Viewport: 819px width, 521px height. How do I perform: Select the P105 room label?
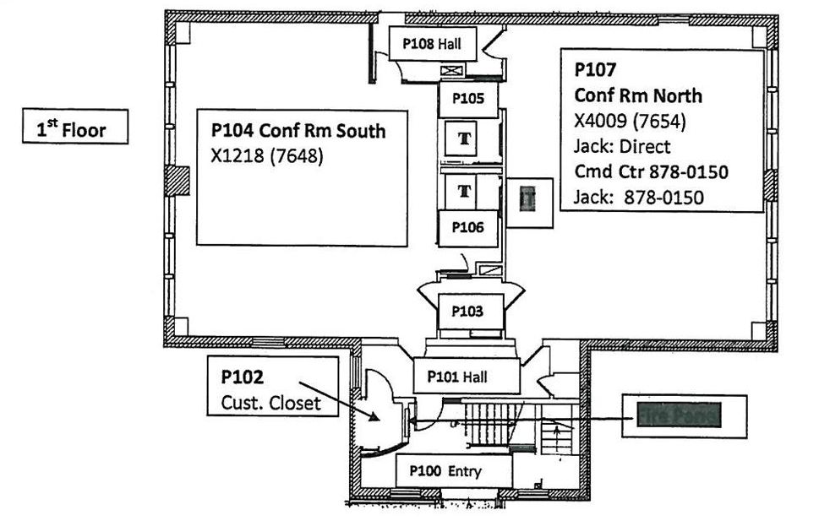point(467,98)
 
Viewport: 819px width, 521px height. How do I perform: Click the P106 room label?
point(467,227)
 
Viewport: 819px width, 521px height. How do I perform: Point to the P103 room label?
point(467,311)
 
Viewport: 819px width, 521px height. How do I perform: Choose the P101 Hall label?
point(467,376)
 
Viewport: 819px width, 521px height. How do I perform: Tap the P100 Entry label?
point(453,471)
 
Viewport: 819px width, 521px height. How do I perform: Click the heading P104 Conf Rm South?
point(298,131)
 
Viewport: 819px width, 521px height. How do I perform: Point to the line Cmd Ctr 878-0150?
point(651,172)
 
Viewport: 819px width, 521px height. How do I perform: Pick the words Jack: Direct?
point(621,147)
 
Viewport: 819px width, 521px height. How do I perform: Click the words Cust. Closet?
point(270,403)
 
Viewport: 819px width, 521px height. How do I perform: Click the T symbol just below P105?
point(464,137)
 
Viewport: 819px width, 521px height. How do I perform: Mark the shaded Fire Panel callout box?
point(685,415)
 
